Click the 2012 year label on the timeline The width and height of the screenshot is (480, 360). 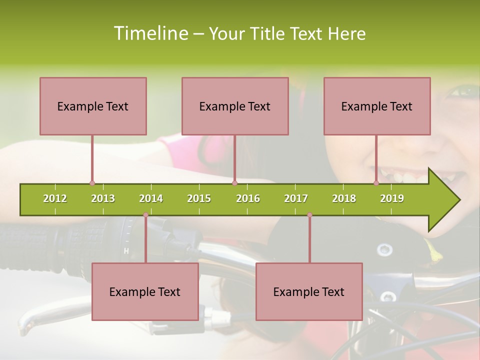click(x=55, y=198)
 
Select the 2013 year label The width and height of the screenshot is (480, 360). click(x=103, y=198)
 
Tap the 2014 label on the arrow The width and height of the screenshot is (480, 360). click(x=151, y=198)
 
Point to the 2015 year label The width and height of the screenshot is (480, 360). click(x=199, y=198)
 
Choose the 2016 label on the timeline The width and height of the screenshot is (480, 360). click(x=248, y=198)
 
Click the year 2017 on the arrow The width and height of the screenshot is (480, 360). click(x=296, y=198)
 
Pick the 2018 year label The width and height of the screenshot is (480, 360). click(x=344, y=198)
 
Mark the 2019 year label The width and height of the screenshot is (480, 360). click(x=392, y=198)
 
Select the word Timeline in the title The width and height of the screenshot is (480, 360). click(x=150, y=33)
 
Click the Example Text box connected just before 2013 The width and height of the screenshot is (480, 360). click(x=93, y=106)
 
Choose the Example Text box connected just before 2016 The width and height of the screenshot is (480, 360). click(x=235, y=106)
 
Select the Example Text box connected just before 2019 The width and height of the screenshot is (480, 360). click(x=377, y=106)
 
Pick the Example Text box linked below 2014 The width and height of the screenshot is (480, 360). click(x=145, y=291)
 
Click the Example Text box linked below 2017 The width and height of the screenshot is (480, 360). click(x=309, y=291)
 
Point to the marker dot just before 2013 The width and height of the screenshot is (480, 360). click(x=92, y=183)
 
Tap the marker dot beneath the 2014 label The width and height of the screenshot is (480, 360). click(x=145, y=214)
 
